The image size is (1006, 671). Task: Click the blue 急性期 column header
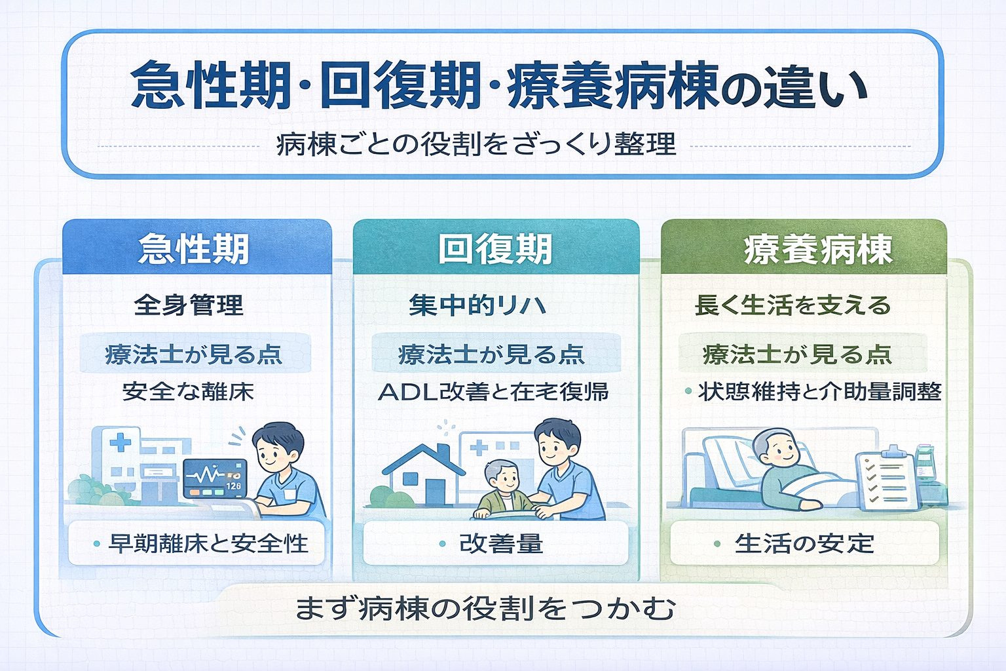(x=196, y=248)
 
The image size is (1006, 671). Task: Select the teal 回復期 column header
(x=495, y=248)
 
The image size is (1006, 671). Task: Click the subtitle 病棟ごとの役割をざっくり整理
(x=476, y=144)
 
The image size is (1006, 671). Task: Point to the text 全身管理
(x=189, y=305)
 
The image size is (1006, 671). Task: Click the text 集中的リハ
(x=477, y=305)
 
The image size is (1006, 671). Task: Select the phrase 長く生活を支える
(x=792, y=305)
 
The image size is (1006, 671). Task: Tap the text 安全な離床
(x=189, y=392)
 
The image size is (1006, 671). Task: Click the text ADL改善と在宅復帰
(x=494, y=392)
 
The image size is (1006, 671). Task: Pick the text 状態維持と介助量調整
(x=819, y=392)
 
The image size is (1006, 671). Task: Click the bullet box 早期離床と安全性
(x=196, y=543)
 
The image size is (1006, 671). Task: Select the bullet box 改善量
(x=495, y=543)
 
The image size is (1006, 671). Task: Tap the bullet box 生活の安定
(x=804, y=543)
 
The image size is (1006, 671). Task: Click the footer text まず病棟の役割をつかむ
(x=485, y=609)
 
